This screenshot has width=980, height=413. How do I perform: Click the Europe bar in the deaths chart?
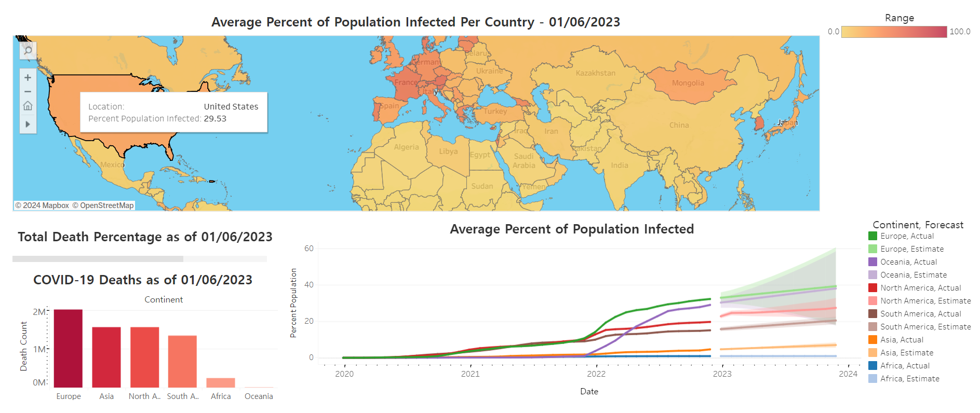pyautogui.click(x=68, y=348)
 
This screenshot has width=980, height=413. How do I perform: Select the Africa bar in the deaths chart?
pyautogui.click(x=221, y=382)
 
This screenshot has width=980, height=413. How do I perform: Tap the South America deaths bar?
pyautogui.click(x=182, y=361)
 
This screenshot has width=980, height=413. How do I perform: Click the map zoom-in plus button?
pyautogui.click(x=28, y=78)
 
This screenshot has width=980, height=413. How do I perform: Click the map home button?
pyautogui.click(x=28, y=106)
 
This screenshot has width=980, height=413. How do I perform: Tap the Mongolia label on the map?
pyautogui.click(x=688, y=83)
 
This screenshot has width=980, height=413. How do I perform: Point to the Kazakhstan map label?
pyautogui.click(x=595, y=73)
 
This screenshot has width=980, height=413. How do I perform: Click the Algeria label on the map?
pyautogui.click(x=406, y=147)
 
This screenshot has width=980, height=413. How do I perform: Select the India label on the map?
pyautogui.click(x=619, y=166)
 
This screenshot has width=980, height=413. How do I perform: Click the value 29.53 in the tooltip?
pyautogui.click(x=215, y=119)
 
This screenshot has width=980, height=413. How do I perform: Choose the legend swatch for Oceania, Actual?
pyautogui.click(x=872, y=262)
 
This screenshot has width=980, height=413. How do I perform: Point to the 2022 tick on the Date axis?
pyautogui.click(x=596, y=374)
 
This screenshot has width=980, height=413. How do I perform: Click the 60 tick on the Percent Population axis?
pyautogui.click(x=309, y=249)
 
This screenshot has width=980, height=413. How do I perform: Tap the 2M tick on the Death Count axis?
pyautogui.click(x=39, y=312)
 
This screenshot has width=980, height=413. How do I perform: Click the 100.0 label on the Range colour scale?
pyautogui.click(x=960, y=32)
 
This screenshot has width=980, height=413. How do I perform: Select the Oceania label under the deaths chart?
pyautogui.click(x=259, y=396)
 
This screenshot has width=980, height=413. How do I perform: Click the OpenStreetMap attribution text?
pyautogui.click(x=103, y=205)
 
